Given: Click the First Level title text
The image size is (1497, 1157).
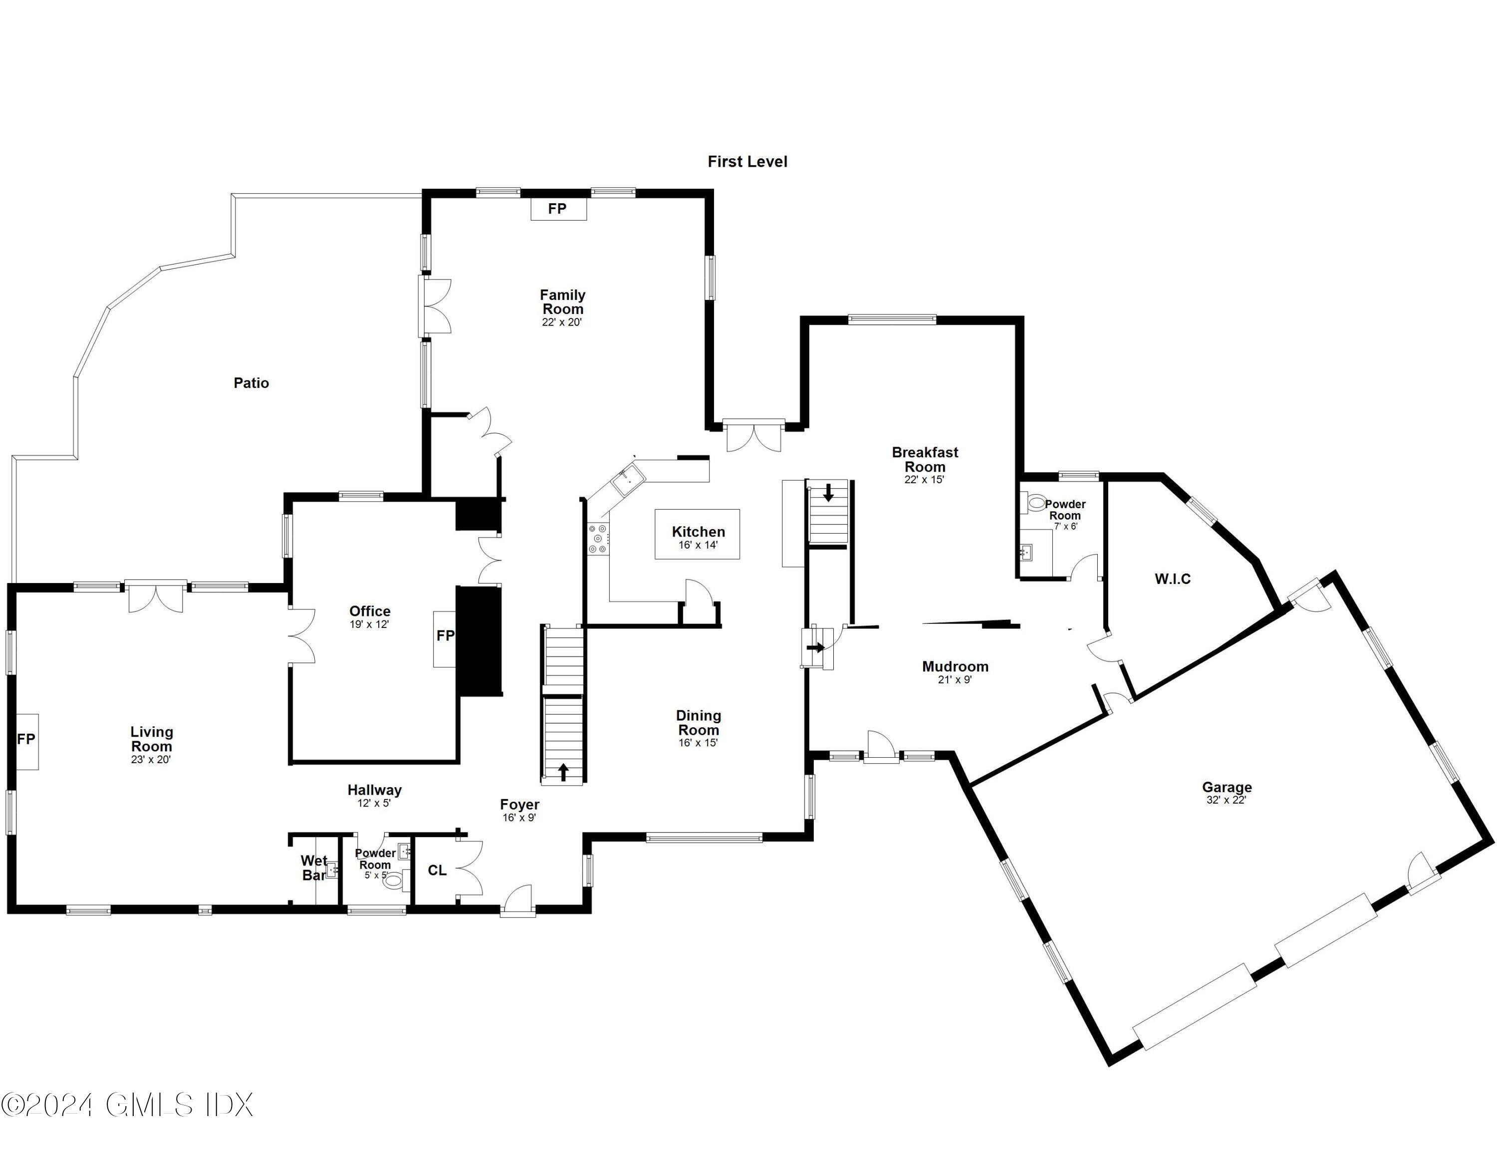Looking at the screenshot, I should [747, 162].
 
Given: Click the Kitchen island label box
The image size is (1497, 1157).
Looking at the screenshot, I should [697, 535].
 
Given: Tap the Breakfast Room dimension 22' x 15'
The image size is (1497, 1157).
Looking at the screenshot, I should [924, 480].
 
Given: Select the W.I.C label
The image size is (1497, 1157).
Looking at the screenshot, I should [1172, 579].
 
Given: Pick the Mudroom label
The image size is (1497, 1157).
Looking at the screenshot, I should [955, 666].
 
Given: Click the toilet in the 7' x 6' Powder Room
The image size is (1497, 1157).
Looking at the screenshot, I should [1036, 504].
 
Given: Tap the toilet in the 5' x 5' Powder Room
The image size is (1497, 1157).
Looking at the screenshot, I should [393, 881].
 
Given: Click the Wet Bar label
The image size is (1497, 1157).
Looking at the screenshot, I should [314, 868].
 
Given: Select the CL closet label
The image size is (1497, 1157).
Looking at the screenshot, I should [437, 870].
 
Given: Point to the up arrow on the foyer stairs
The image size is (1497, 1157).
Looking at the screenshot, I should [563, 773].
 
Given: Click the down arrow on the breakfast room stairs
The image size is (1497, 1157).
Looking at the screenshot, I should [829, 493].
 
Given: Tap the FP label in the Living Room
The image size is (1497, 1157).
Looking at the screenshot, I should [26, 739].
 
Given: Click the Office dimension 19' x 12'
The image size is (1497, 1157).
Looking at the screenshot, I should [369, 624].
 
